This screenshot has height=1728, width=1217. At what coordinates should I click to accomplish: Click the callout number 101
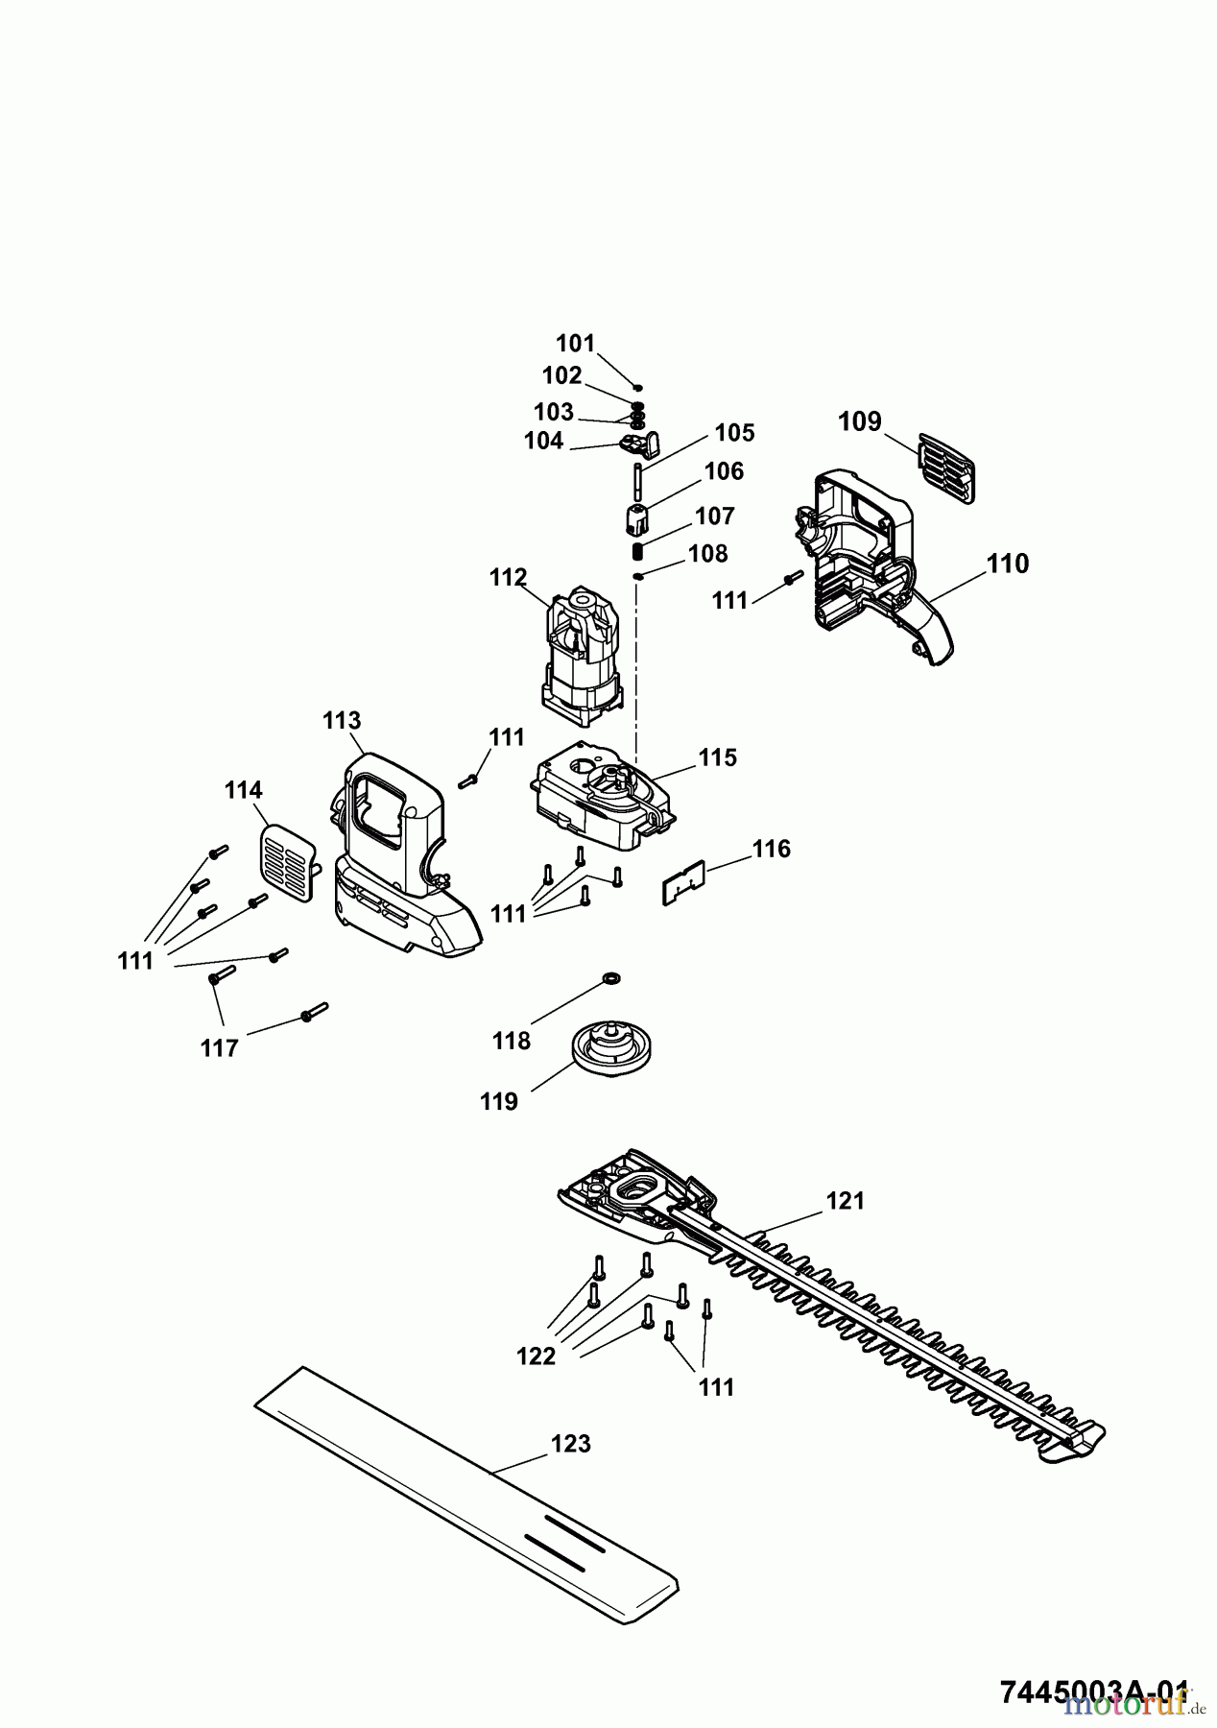click(x=576, y=344)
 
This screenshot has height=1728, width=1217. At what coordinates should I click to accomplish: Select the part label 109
click(x=859, y=421)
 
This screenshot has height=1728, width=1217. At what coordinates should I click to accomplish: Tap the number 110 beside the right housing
click(x=1008, y=564)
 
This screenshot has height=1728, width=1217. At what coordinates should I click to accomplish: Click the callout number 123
click(x=571, y=1444)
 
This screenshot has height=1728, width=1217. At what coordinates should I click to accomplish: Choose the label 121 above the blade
click(x=846, y=1200)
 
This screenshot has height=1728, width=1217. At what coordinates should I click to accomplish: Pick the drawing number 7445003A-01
click(x=1094, y=1691)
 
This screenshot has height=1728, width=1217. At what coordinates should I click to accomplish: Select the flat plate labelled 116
click(x=683, y=881)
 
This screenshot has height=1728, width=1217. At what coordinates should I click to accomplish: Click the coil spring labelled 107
click(x=637, y=553)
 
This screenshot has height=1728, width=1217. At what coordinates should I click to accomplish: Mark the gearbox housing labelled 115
click(x=600, y=797)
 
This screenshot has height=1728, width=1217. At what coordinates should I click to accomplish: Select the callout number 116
click(x=771, y=849)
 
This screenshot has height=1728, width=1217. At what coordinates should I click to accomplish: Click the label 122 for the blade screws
click(x=536, y=1356)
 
